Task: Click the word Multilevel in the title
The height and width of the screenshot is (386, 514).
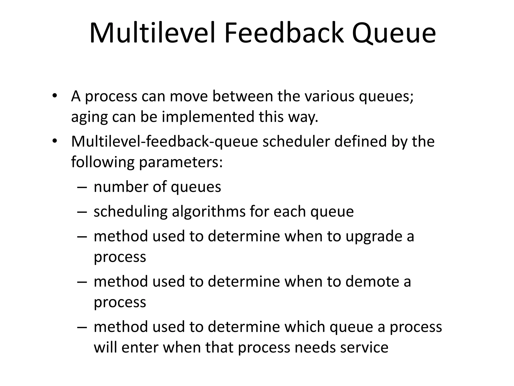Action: pos(152,33)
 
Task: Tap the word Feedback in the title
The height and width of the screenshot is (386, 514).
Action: pos(284,33)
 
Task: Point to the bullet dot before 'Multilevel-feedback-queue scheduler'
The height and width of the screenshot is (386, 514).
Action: pos(55,141)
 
